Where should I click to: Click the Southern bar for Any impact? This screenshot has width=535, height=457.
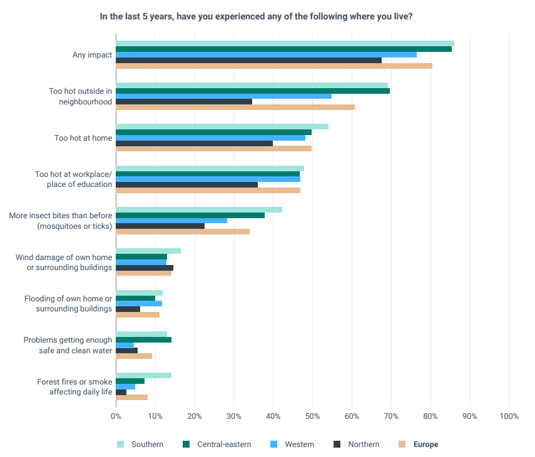[285, 43]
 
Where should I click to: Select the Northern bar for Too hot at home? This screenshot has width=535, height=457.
[194, 143]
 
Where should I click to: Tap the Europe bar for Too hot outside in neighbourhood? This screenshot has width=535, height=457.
[235, 107]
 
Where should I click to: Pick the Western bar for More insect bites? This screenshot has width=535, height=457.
[171, 220]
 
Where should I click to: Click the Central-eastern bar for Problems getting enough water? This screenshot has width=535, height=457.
[143, 339]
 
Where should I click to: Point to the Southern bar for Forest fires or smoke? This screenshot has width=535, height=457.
[143, 375]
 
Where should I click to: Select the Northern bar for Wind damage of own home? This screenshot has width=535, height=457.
[145, 268]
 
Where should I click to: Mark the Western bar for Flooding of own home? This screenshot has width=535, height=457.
[139, 303]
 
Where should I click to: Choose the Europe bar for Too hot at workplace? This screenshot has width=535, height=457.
[208, 190]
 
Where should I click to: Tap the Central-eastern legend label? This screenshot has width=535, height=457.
[224, 444]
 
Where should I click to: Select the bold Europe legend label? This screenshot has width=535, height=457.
[425, 444]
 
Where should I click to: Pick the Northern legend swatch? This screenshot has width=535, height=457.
[337, 444]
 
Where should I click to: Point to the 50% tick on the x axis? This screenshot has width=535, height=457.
[312, 416]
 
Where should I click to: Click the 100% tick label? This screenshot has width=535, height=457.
[509, 416]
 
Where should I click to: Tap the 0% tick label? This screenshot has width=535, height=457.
[116, 416]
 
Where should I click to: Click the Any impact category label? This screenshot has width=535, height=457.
[92, 54]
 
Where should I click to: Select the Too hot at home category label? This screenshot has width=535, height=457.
[83, 138]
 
